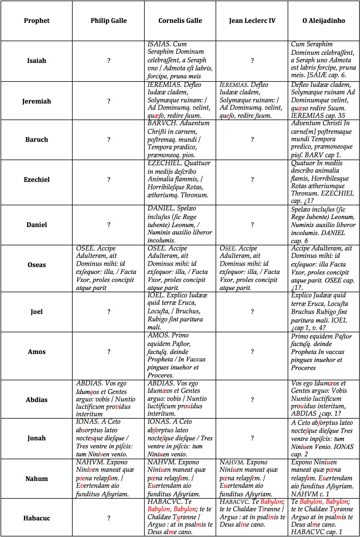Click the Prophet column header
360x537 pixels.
point(37,21)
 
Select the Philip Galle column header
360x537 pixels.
point(109,21)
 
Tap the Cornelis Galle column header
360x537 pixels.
point(180,21)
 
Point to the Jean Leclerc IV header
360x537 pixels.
point(252,21)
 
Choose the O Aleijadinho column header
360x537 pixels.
point(324,21)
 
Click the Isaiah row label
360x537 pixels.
point(37,61)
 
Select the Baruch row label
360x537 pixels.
point(37,140)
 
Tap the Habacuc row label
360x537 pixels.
point(37,518)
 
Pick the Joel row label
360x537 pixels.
point(37,312)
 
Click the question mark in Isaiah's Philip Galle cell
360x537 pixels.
point(109,61)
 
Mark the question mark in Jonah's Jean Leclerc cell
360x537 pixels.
point(252,438)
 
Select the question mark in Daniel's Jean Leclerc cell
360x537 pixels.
point(252,225)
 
